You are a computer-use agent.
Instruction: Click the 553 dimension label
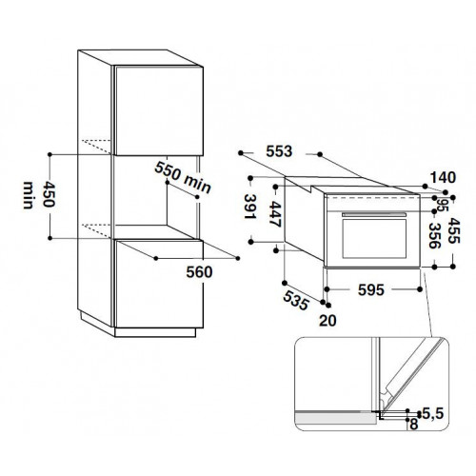point(279,151)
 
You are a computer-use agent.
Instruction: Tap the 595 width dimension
point(371,289)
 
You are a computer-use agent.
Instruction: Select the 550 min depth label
point(183,177)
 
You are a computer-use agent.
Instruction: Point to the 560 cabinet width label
point(199,272)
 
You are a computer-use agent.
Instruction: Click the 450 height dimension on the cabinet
point(49,194)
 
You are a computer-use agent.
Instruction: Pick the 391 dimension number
point(249,207)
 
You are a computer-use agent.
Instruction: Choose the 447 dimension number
point(275,214)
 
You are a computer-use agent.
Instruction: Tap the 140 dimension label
point(443,178)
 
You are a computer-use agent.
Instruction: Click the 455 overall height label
point(453,230)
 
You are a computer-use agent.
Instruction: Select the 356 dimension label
point(434,235)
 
